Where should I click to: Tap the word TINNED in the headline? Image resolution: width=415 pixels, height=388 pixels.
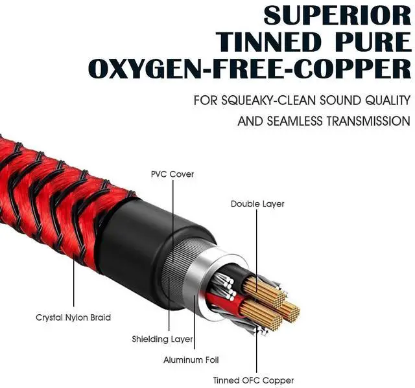tap(266, 41)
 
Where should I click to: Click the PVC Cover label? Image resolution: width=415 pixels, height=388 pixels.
tap(172, 174)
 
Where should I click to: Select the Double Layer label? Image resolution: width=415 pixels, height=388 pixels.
tap(257, 204)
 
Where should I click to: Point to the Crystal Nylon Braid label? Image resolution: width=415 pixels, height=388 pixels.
tap(73, 317)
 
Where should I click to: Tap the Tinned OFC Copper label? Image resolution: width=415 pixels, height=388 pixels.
tap(254, 380)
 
